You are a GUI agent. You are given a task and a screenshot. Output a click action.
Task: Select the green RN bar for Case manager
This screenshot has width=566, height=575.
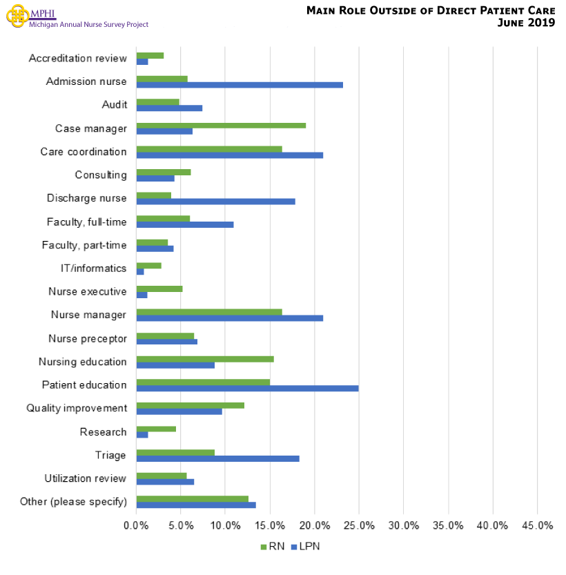tap(221, 125)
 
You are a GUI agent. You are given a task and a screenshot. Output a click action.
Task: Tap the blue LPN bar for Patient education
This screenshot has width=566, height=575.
tap(247, 388)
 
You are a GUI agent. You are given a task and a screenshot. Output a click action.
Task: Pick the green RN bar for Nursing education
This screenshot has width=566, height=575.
tap(205, 358)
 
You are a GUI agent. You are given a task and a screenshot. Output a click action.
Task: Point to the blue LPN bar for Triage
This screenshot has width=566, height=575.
tap(217, 458)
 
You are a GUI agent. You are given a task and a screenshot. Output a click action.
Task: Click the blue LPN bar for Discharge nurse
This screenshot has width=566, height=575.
tap(215, 202)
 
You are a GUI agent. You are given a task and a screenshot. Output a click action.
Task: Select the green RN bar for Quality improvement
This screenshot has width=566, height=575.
tap(190, 405)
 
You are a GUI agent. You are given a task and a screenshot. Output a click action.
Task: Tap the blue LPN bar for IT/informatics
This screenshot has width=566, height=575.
tap(140, 271)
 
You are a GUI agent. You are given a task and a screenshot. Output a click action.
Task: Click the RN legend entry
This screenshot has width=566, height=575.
tap(271, 546)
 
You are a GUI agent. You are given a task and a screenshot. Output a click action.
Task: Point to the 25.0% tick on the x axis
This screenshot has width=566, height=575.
tap(359, 525)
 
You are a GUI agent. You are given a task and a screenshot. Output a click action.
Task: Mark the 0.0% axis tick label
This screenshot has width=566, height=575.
tap(137, 525)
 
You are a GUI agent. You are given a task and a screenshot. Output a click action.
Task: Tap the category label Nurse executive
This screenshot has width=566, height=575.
tap(87, 291)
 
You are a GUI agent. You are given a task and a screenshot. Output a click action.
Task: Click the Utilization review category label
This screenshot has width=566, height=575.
tap(85, 478)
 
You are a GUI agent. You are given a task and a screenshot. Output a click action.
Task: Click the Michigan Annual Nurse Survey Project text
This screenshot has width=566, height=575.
tap(88, 24)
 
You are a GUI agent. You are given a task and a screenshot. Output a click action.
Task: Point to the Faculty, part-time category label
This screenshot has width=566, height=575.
tap(84, 244)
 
